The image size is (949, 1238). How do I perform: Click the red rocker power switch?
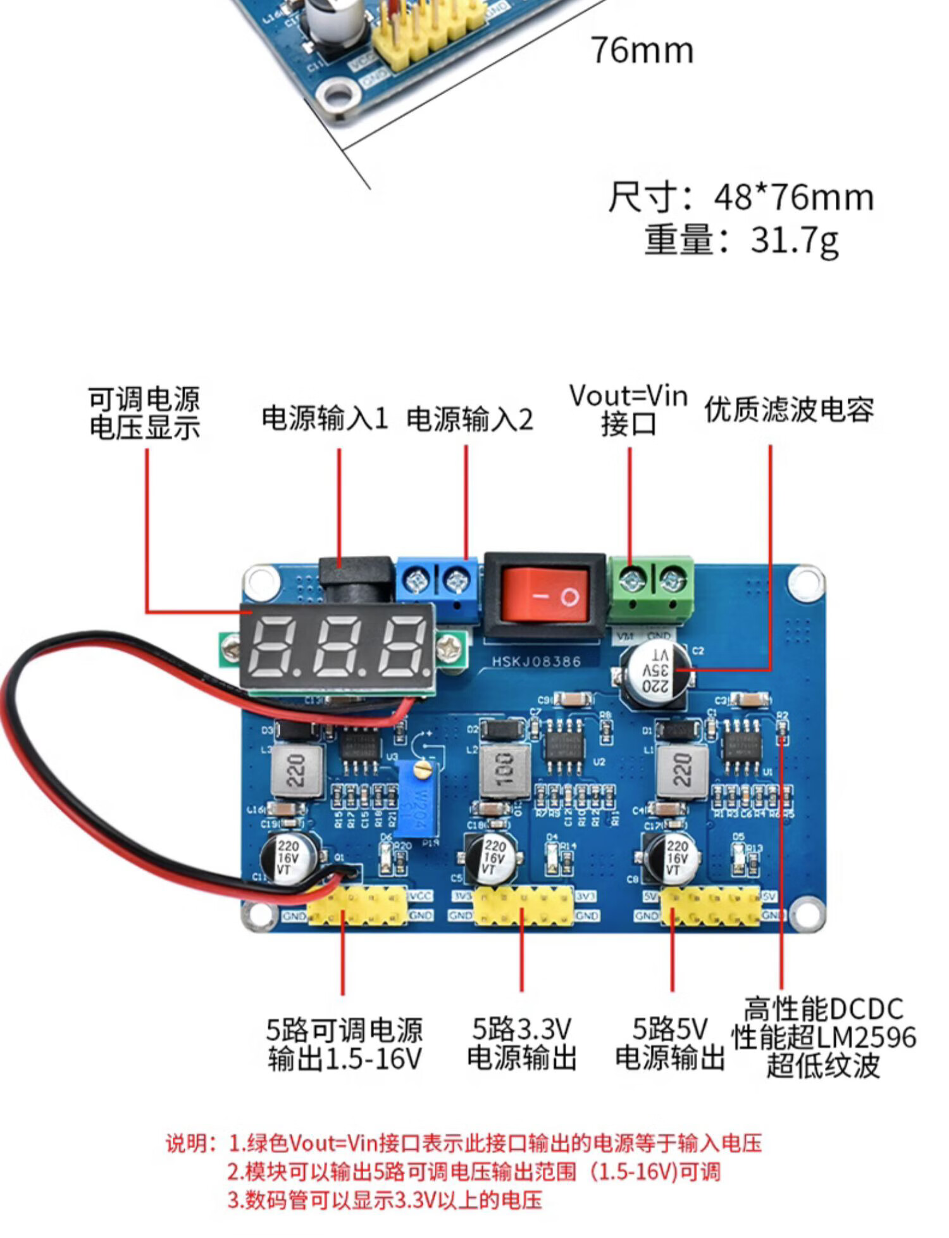[545, 594]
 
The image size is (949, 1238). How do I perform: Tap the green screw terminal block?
[651, 589]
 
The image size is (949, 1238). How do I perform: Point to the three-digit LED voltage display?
[337, 646]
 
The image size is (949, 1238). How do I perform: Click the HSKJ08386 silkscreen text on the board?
[537, 661]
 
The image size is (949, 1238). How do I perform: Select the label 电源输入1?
[325, 419]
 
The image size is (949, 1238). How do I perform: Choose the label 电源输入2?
[469, 419]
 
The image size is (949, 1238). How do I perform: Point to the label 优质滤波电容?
[789, 410]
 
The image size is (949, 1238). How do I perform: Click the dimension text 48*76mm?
[794, 197]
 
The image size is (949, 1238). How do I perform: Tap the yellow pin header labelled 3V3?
[523, 905]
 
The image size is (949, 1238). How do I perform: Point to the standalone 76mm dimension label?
[642, 51]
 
